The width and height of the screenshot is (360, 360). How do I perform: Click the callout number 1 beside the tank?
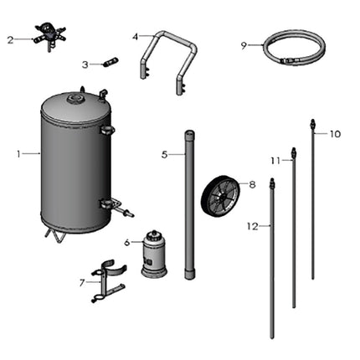(18, 153)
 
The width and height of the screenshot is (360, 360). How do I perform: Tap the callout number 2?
(11, 39)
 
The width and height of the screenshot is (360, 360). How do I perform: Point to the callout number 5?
(165, 154)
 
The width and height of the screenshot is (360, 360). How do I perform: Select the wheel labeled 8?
(220, 194)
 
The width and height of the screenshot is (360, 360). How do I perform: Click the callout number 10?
(335, 134)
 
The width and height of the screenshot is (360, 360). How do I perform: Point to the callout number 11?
(275, 160)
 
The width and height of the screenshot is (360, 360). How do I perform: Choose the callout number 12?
(252, 225)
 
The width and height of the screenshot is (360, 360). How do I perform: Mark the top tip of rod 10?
(312, 122)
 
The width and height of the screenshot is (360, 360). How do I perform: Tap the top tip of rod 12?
(271, 181)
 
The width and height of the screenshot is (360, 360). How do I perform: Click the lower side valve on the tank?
(113, 205)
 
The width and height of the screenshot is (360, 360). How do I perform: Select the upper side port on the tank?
(106, 130)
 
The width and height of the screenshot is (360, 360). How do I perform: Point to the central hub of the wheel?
(220, 195)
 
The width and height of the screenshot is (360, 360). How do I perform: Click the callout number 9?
(244, 45)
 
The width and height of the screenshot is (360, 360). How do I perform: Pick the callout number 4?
(136, 37)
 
